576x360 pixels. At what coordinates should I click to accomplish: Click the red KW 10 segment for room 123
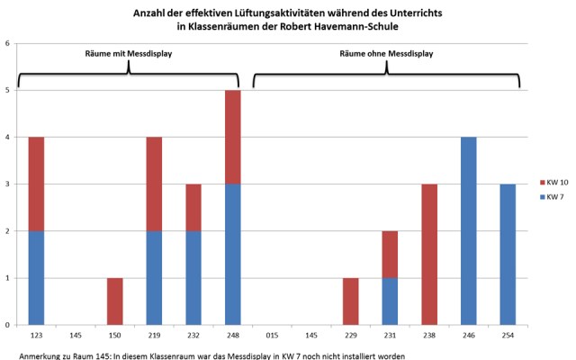click(x=36, y=184)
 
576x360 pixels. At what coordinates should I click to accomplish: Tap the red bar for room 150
click(x=114, y=301)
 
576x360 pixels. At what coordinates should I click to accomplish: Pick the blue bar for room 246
click(x=469, y=230)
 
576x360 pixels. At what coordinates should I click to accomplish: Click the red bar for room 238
click(x=429, y=254)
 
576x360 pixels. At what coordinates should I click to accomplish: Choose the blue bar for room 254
click(x=508, y=254)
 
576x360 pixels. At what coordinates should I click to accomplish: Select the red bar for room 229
click(x=350, y=301)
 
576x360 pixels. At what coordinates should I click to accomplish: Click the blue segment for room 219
click(x=154, y=277)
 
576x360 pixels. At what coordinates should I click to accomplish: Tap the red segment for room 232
click(x=193, y=207)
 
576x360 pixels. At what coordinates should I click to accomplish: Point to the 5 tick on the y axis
click(x=8, y=90)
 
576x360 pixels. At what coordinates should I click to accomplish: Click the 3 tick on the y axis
click(x=8, y=184)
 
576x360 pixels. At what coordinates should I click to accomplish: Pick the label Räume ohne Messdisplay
click(x=386, y=54)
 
